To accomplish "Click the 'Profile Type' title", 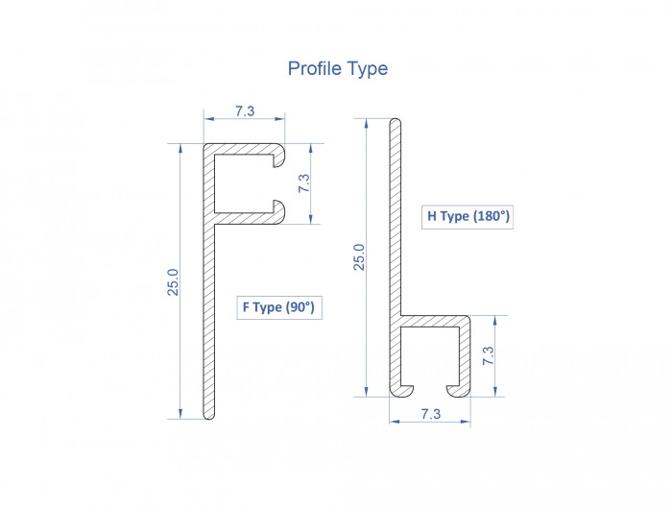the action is (338, 69).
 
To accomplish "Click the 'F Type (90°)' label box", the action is (279, 307).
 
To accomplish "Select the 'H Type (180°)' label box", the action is (468, 216).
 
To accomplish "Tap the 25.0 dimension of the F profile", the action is (173, 282).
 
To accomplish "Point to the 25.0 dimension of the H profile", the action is (359, 256).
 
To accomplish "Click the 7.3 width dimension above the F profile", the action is (245, 111).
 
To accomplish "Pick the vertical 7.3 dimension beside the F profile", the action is (304, 183).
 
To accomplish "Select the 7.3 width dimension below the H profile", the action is (430, 414).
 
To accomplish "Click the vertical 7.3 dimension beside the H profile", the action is (489, 356).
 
